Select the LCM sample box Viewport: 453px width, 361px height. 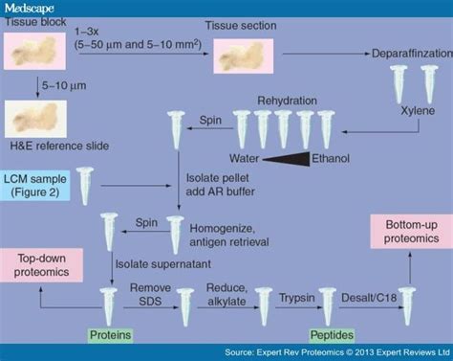tap(35, 182)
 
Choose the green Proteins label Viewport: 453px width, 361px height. tap(112, 336)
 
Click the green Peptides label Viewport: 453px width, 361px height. tap(331, 336)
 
